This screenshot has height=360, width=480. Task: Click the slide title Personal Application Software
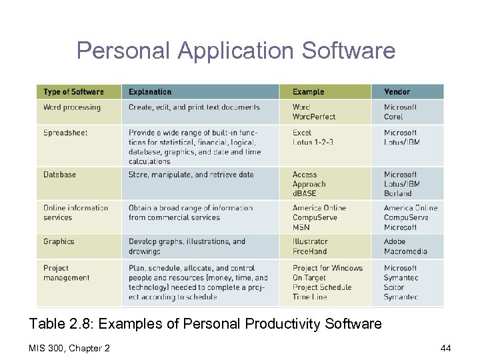[236, 51]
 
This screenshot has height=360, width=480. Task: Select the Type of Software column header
[73, 92]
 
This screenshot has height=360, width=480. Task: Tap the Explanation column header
[150, 92]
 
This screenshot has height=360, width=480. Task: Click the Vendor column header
[397, 92]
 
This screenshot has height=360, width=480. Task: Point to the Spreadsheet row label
[65, 133]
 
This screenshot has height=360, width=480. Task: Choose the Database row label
[60, 175]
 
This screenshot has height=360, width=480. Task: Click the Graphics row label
[59, 241]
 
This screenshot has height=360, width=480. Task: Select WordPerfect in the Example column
[314, 117]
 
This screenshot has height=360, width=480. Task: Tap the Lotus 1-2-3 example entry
[313, 142]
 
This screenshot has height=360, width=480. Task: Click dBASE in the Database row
[305, 193]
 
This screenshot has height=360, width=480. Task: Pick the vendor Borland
[398, 193]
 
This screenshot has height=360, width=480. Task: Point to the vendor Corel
[393, 117]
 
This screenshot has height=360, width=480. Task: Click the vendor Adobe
[395, 241]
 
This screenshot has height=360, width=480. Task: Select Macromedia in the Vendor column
[405, 251]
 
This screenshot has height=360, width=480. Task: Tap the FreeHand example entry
[310, 251]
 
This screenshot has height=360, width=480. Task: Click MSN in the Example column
[301, 227]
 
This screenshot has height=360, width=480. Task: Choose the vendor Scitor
[395, 287]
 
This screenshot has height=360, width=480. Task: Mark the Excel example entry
[302, 133]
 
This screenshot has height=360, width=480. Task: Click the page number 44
[445, 348]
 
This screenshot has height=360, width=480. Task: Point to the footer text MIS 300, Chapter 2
[69, 348]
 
